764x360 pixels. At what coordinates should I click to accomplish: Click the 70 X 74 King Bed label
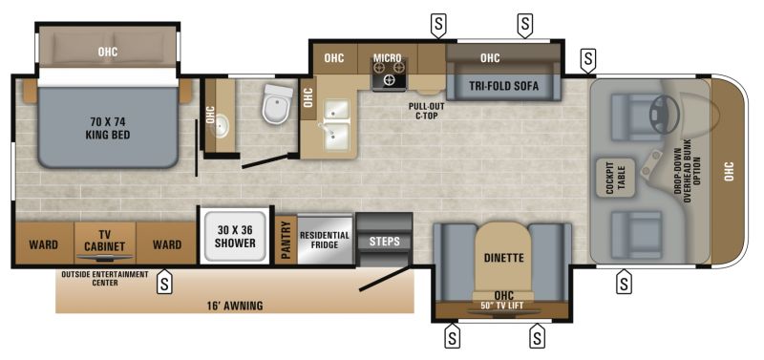(x=107, y=128)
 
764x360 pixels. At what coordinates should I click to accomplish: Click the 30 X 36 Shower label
(x=234, y=236)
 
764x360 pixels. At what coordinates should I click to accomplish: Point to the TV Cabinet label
(x=107, y=239)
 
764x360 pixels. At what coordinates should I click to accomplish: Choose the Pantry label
(x=285, y=238)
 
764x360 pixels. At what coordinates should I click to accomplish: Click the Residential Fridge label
(x=325, y=240)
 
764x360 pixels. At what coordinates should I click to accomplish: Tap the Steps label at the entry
(x=384, y=241)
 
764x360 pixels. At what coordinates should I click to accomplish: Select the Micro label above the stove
(x=387, y=58)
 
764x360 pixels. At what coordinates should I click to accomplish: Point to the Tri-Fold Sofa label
(x=503, y=86)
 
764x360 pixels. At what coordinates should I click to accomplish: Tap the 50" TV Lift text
(x=501, y=306)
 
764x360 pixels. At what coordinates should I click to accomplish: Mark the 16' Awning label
(x=235, y=306)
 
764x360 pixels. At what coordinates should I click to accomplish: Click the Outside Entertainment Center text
(x=105, y=278)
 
